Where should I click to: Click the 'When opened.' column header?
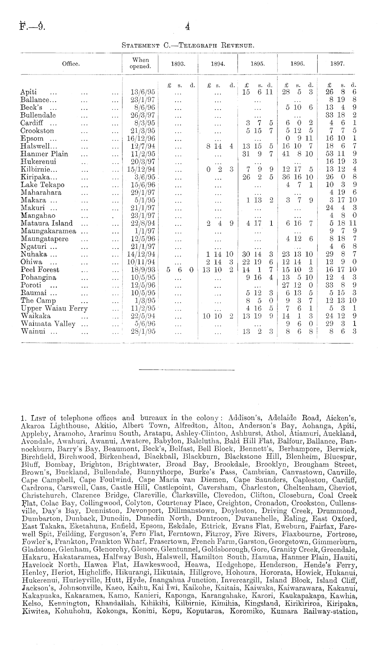tap(140, 63)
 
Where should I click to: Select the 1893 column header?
tap(178, 63)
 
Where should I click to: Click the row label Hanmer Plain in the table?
tap(44, 154)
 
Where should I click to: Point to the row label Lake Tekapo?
tap(42, 185)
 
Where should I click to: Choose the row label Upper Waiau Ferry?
tap(54, 308)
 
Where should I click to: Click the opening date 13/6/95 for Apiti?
tap(143, 92)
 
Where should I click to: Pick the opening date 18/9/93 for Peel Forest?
tap(143, 270)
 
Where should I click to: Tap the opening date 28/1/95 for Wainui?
tap(143, 331)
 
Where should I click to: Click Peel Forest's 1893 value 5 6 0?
tap(180, 270)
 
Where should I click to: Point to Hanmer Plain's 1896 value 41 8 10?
tap(298, 154)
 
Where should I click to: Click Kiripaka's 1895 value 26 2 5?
tap(258, 177)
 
